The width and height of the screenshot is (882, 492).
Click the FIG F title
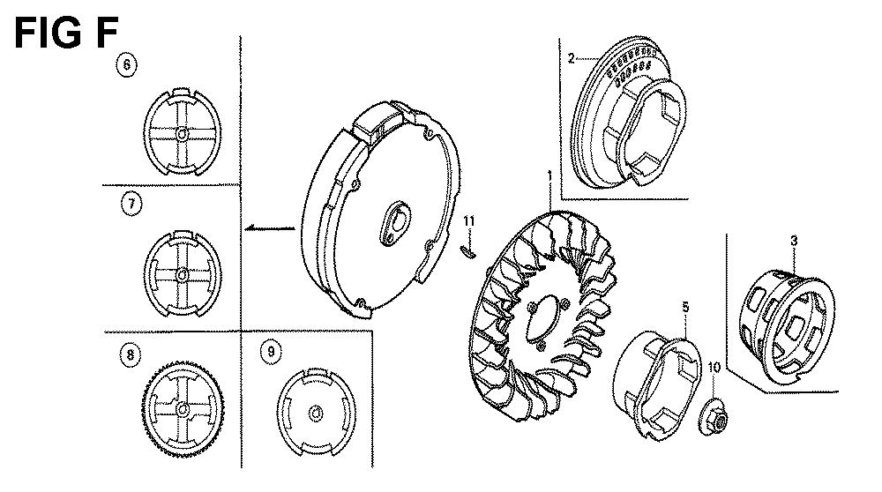tap(66, 34)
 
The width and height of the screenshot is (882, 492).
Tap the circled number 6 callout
tap(126, 65)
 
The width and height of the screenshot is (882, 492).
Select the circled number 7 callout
tap(131, 204)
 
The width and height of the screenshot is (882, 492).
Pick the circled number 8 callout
tap(131, 354)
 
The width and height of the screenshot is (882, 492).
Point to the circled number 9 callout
tap(271, 352)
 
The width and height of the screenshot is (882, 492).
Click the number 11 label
tap(469, 221)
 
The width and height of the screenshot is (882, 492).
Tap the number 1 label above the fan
tap(549, 176)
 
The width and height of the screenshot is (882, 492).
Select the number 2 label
tap(572, 58)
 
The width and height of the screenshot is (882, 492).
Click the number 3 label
tap(794, 241)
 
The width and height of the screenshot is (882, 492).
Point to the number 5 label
tap(685, 307)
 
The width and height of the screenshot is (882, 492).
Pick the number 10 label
tap(714, 368)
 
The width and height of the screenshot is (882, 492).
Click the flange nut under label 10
tap(714, 417)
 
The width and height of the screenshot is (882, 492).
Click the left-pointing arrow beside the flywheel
tap(270, 227)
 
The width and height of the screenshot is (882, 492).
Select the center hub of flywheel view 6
tap(182, 134)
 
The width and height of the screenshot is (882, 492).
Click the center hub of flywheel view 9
tap(316, 414)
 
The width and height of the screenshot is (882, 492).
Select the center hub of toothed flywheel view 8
tap(182, 409)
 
